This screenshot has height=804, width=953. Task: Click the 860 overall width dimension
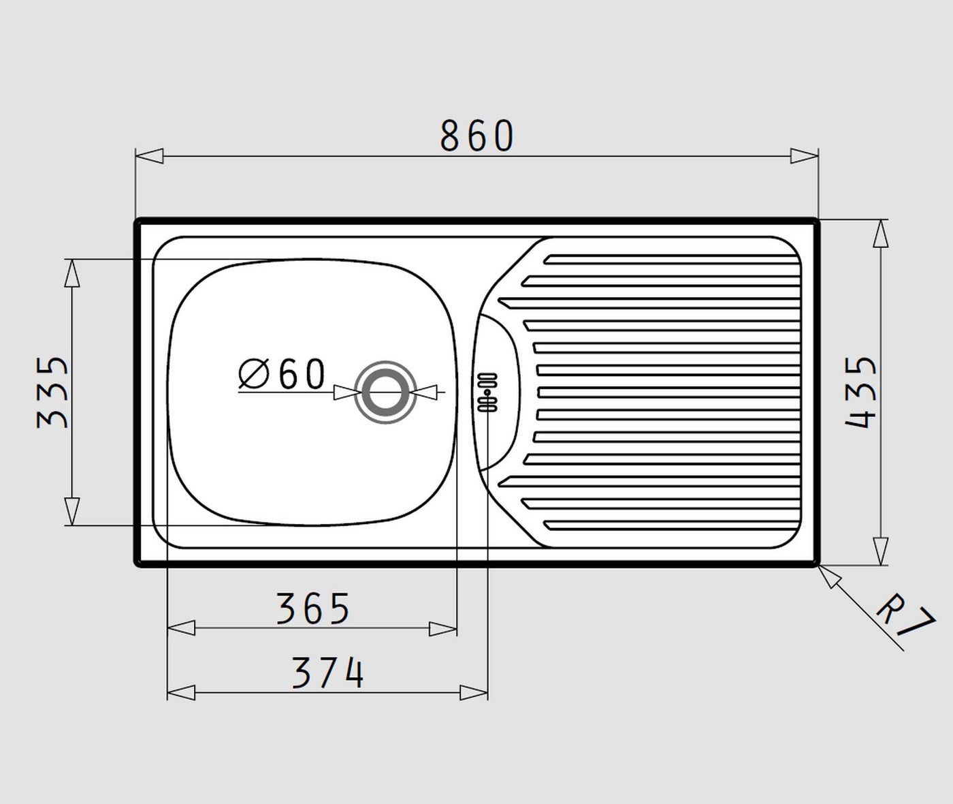click(x=477, y=136)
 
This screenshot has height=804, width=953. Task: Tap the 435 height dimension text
click(x=861, y=392)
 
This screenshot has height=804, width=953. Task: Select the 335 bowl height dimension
click(x=52, y=392)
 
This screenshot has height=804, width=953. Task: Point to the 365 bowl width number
click(x=313, y=608)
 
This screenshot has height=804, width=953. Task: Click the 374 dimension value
click(x=327, y=673)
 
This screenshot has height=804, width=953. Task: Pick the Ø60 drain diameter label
click(x=282, y=373)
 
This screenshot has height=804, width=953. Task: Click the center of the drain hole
click(x=386, y=392)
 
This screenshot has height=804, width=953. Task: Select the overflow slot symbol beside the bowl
click(x=487, y=392)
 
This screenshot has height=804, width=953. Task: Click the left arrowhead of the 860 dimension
click(x=149, y=156)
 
